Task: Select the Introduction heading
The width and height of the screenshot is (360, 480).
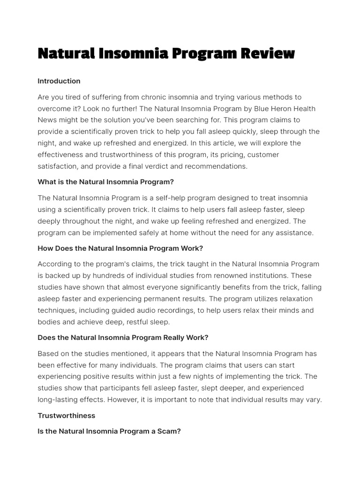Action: click(59, 81)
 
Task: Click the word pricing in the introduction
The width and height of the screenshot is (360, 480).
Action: click(229, 155)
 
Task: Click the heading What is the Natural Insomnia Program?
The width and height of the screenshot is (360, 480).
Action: click(105, 182)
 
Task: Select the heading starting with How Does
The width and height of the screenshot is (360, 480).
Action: click(120, 248)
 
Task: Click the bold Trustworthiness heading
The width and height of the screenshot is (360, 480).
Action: click(66, 415)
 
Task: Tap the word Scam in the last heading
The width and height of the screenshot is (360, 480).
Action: click(169, 431)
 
